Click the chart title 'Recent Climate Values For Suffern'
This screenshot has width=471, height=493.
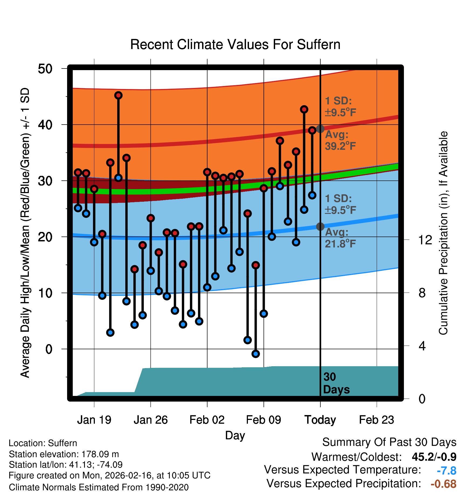[x=235, y=44]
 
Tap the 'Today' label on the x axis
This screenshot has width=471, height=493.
[x=320, y=420]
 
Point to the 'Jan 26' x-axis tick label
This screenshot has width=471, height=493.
[x=150, y=420]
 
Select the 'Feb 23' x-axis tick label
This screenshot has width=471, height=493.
[x=376, y=420]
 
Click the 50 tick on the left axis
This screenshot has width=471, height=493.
[x=45, y=69]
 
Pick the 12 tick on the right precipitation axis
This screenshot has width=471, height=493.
[x=425, y=240]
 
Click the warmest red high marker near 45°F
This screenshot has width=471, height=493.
[x=118, y=95]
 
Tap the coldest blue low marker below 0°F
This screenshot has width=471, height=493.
[x=256, y=354]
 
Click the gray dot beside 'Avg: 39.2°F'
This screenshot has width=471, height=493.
[x=320, y=129]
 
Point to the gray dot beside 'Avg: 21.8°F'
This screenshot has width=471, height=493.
[x=320, y=227]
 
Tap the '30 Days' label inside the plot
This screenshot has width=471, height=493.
[x=336, y=383]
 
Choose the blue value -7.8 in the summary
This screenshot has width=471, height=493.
[x=446, y=471]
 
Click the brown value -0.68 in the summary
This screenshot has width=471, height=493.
[x=443, y=484]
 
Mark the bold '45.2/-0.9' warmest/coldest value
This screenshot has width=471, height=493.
[x=434, y=457]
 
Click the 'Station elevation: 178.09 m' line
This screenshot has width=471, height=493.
[x=64, y=454]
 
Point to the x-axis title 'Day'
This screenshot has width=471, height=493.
[x=235, y=435]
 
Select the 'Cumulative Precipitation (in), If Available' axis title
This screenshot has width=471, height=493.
[x=443, y=233]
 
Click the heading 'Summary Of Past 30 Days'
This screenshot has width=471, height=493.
[x=389, y=442]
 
